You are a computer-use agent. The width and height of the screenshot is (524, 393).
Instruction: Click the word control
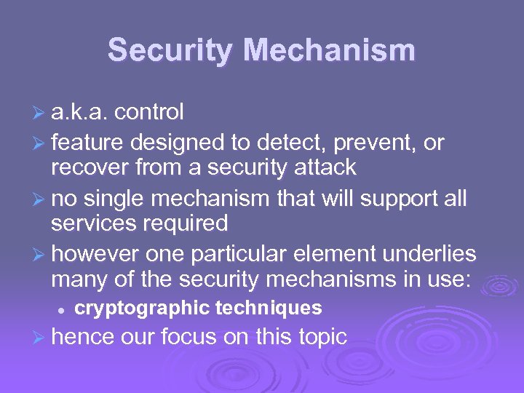tap(149, 112)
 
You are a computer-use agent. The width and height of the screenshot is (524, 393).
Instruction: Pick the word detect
tap(289, 143)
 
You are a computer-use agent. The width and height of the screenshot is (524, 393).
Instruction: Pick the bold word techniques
tap(271, 309)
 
